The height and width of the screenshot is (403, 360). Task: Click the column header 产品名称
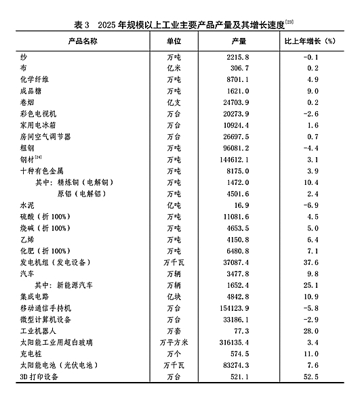[x=83, y=41]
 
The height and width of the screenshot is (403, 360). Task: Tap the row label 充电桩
[x=29, y=354]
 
